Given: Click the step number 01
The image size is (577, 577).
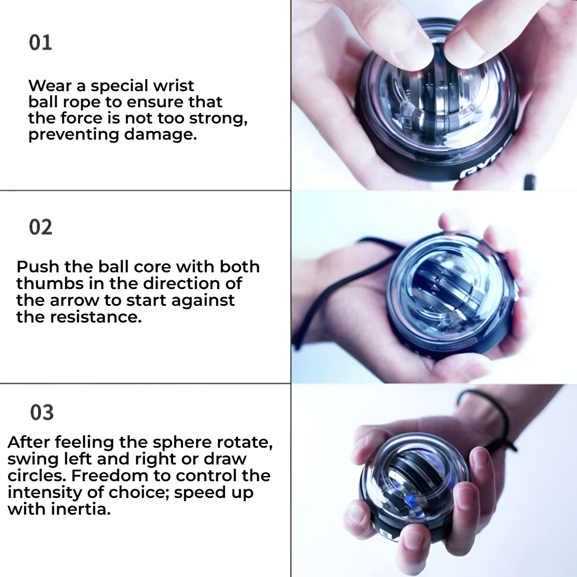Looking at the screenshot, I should [40, 43].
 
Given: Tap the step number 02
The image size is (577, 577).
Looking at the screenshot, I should [40, 227].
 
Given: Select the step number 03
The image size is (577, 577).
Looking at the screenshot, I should [42, 413].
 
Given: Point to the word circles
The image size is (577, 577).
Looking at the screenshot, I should [29, 477].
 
